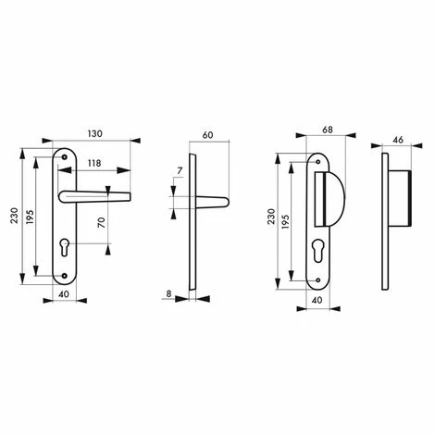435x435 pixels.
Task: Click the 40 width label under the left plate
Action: pyautogui.click(x=63, y=295)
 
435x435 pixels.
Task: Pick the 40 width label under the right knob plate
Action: pyautogui.click(x=317, y=300)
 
